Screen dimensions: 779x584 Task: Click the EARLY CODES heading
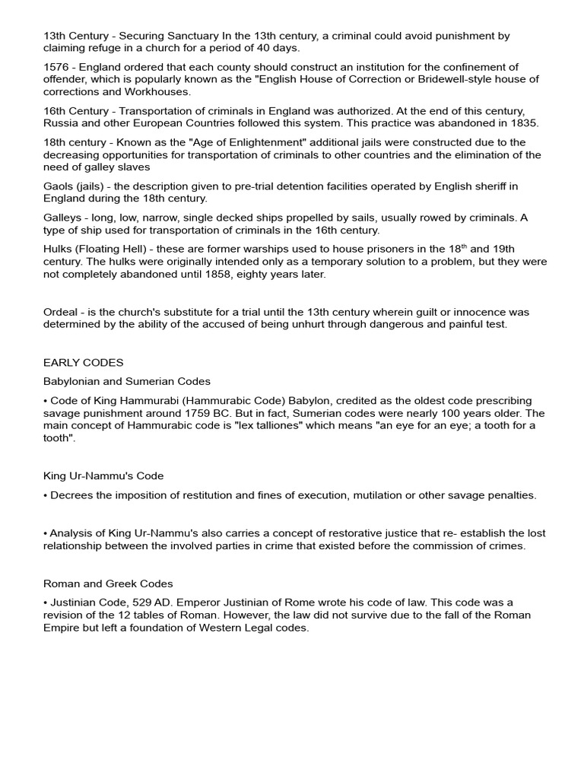(83, 362)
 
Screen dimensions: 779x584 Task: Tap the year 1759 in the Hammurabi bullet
(202, 413)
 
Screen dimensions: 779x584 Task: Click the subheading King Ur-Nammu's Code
(103, 475)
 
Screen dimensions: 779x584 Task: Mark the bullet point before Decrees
(46, 495)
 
